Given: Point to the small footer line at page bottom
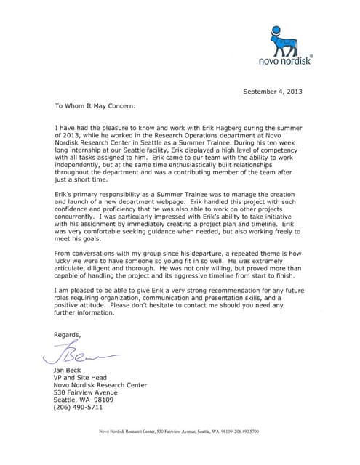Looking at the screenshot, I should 180,432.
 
